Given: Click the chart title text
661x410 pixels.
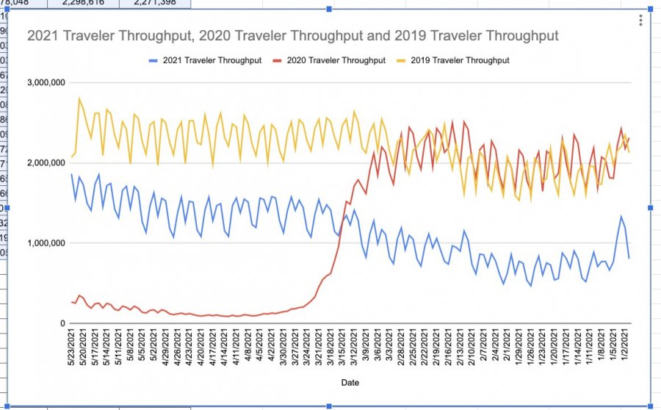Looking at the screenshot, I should pyautogui.click(x=293, y=36).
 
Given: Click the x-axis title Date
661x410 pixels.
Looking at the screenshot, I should pyautogui.click(x=350, y=382).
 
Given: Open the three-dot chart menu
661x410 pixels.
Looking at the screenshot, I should pyautogui.click(x=640, y=21).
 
